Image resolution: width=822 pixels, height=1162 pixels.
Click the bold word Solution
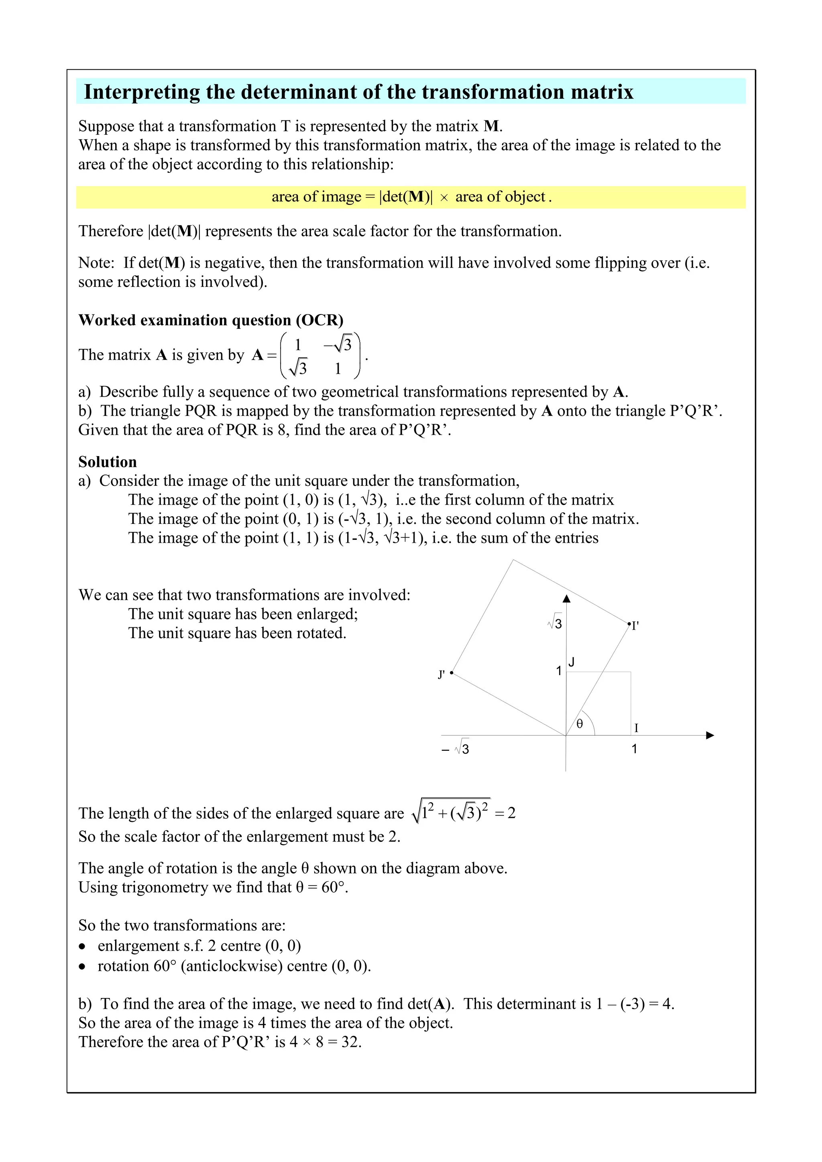point(108,462)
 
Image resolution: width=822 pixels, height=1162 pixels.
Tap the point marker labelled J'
point(451,673)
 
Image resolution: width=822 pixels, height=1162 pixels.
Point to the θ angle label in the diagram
point(580,724)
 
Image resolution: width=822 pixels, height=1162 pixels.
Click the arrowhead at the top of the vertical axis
point(567,599)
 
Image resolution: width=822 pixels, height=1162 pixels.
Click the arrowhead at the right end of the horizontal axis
point(710,735)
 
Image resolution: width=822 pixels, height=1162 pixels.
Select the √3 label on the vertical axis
point(555,623)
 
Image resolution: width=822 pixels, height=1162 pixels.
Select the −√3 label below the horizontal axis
point(456,749)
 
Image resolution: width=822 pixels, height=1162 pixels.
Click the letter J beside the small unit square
point(571,661)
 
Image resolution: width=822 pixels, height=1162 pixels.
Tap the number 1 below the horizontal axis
point(634,749)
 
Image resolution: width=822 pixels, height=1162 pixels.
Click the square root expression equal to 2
point(451,812)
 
